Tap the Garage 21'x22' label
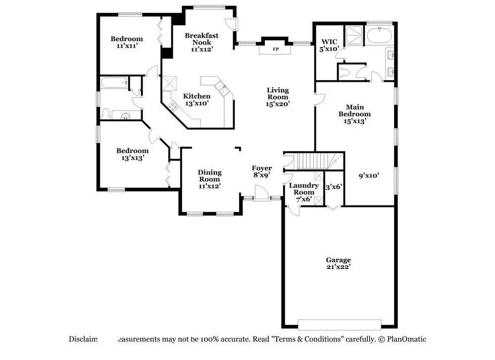(338, 263)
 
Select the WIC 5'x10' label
(329, 46)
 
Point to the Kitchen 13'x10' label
(197, 100)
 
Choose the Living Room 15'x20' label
(278, 97)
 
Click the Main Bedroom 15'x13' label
(354, 113)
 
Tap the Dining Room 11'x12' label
(210, 179)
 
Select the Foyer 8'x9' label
(261, 171)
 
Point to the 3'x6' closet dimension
(334, 187)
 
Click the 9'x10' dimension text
(369, 175)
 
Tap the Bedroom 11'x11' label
(126, 42)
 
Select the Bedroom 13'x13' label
(132, 154)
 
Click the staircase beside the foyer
(314, 161)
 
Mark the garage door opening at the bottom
(339, 324)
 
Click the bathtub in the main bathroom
(379, 36)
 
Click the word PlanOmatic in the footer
(407, 339)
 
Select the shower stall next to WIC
(354, 35)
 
